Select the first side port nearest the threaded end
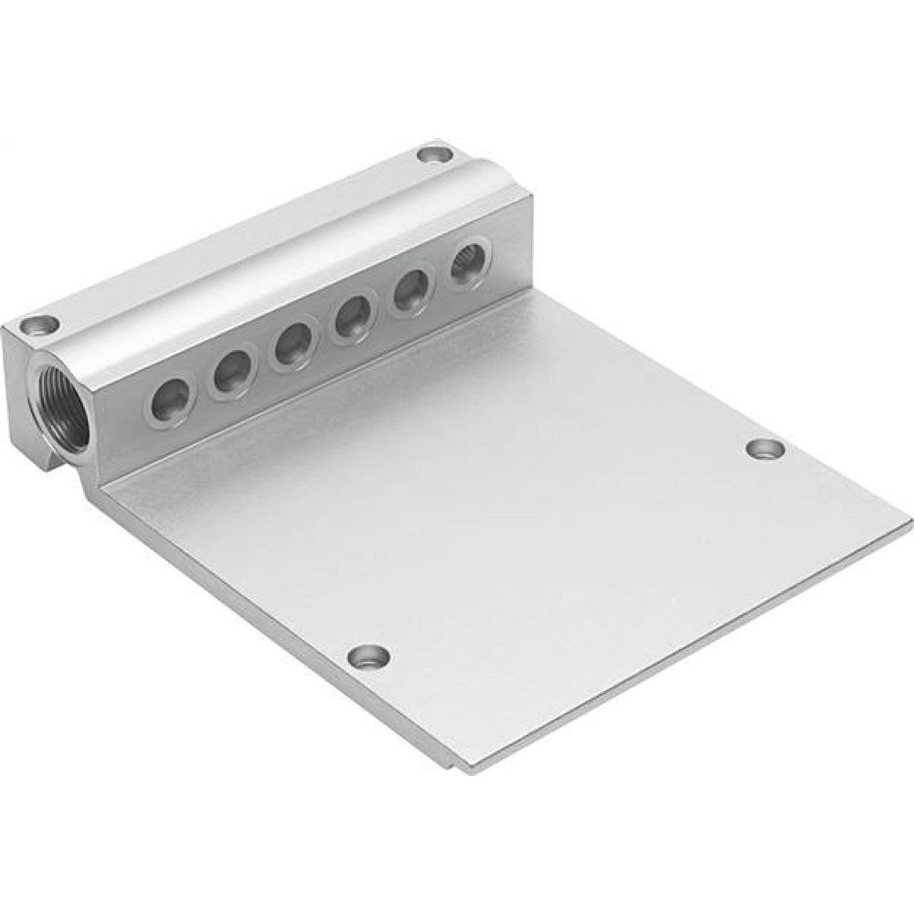pyautogui.click(x=172, y=399)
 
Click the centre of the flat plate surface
pyautogui.click(x=512, y=512)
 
